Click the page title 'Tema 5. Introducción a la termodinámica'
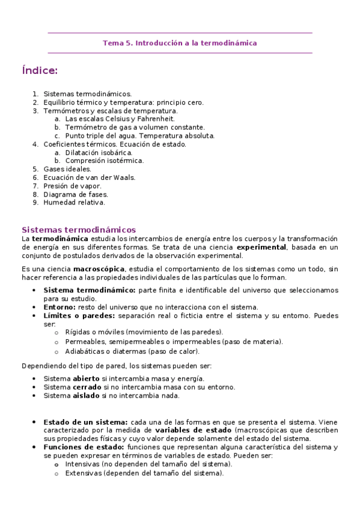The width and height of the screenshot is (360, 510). (x=180, y=43)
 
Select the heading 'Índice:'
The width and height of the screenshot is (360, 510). (x=40, y=71)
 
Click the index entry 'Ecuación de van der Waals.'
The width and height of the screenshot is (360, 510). (x=90, y=177)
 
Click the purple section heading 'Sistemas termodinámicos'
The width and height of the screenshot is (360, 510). (x=79, y=230)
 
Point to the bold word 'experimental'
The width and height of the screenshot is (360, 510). (x=261, y=247)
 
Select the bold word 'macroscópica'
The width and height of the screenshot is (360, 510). (x=99, y=269)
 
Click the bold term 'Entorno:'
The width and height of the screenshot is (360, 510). (x=59, y=307)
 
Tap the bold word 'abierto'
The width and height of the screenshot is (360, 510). (x=87, y=378)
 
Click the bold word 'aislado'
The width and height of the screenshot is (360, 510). (x=86, y=395)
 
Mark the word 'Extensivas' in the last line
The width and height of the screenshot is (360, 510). (x=83, y=473)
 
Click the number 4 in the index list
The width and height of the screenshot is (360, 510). (x=35, y=144)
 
